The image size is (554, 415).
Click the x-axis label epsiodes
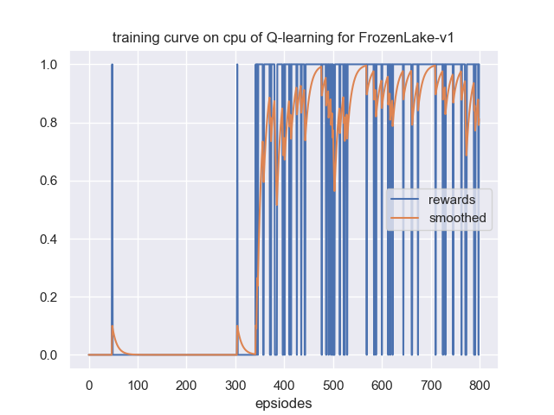283,403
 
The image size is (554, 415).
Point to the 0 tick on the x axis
88,384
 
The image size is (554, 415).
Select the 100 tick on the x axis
137,384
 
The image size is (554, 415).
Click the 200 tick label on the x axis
186,384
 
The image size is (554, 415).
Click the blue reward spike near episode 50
112,173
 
